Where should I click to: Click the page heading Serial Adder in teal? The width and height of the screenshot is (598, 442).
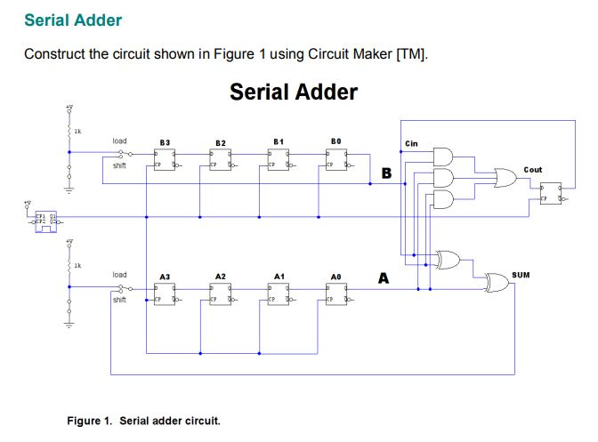click(x=73, y=20)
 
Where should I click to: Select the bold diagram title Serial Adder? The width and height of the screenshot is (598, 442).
click(x=294, y=92)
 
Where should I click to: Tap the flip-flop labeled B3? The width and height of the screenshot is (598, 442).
click(x=165, y=159)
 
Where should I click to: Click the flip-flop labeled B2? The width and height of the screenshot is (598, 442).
click(x=221, y=159)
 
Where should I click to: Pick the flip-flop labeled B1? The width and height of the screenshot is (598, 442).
click(x=279, y=159)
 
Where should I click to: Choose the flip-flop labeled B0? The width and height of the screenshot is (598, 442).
click(x=335, y=159)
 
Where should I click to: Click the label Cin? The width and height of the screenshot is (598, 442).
click(x=411, y=143)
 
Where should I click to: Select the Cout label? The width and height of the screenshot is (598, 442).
click(x=532, y=169)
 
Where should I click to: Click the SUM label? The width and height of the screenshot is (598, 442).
click(x=521, y=276)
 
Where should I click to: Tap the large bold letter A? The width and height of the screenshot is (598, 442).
click(x=384, y=279)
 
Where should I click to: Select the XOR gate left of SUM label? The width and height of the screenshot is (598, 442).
click(x=497, y=283)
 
